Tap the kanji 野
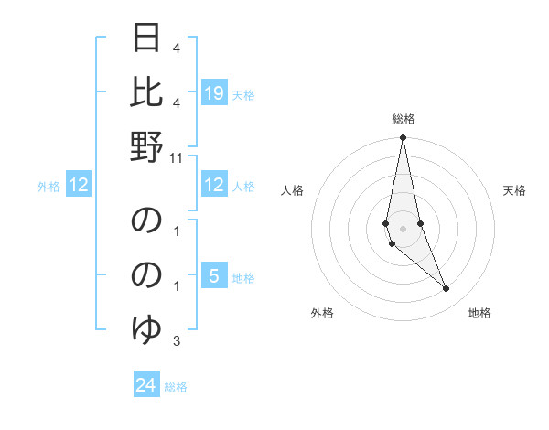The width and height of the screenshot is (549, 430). pos(147,147)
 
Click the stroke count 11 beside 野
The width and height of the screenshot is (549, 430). pos(177,157)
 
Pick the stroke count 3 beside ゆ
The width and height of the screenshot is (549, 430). pos(177,341)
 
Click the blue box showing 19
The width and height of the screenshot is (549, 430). pos(214,92)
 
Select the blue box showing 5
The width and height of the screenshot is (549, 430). pos(214,276)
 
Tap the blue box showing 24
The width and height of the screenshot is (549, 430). pos(146,385)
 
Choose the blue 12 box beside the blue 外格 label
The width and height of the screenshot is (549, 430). pos(79,186)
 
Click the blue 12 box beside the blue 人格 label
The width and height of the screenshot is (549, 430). pos(214,186)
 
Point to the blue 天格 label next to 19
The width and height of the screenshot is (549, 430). pos(243,94)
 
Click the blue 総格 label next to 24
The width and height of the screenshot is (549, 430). pos(176,387)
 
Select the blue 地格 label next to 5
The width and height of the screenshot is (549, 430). pos(243,278)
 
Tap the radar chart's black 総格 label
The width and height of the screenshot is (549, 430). pos(404,119)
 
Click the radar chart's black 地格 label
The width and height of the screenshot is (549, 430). pos(479,313)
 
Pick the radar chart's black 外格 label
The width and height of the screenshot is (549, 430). pos(322,313)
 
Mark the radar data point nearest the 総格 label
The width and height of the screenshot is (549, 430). pos(403,138)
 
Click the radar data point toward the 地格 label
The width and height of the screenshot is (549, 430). pos(446,289)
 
